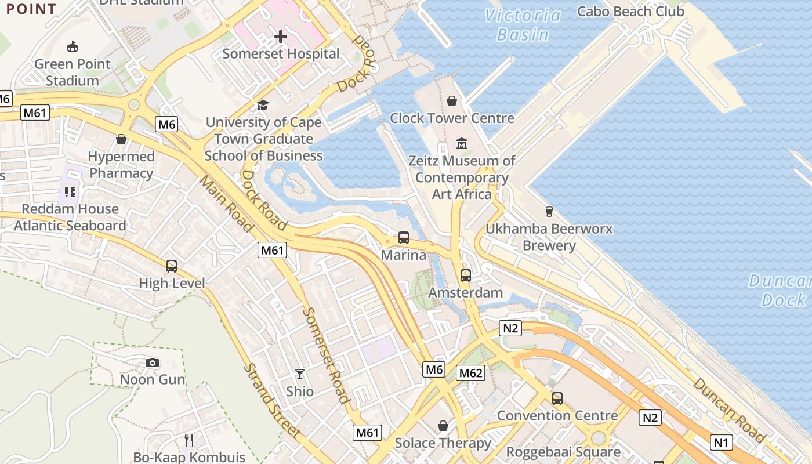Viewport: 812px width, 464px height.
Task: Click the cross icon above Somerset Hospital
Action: pyautogui.click(x=281, y=37)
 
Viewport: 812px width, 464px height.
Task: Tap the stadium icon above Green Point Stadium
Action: pyautogui.click(x=72, y=46)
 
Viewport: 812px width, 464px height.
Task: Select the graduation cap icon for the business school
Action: pyautogui.click(x=263, y=105)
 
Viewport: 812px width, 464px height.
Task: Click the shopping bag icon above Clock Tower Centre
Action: pyautogui.click(x=452, y=101)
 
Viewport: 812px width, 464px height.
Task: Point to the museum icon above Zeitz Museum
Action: pyautogui.click(x=462, y=143)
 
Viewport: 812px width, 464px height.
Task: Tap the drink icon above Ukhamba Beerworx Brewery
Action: pyautogui.click(x=549, y=212)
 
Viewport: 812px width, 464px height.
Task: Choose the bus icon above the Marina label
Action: pyautogui.click(x=403, y=238)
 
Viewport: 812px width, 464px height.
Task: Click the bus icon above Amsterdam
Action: pyautogui.click(x=465, y=275)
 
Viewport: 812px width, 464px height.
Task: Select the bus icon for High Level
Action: pyautogui.click(x=172, y=266)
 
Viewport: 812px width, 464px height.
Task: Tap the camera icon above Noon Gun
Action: pyautogui.click(x=153, y=362)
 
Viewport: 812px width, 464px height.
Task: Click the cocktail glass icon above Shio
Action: pyautogui.click(x=300, y=374)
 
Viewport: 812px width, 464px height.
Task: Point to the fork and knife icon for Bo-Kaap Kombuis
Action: pyautogui.click(x=188, y=440)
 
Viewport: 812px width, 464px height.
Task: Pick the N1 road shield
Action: pyautogui.click(x=720, y=443)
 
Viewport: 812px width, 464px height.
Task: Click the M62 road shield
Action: pyautogui.click(x=470, y=373)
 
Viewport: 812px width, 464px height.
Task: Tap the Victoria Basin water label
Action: pyautogui.click(x=523, y=25)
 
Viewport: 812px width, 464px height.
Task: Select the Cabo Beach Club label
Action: pyautogui.click(x=631, y=11)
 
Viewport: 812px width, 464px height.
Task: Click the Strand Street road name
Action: pyautogui.click(x=271, y=400)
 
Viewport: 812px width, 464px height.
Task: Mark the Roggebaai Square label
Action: pyautogui.click(x=563, y=452)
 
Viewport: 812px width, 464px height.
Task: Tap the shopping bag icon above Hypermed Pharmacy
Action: pyautogui.click(x=121, y=139)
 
